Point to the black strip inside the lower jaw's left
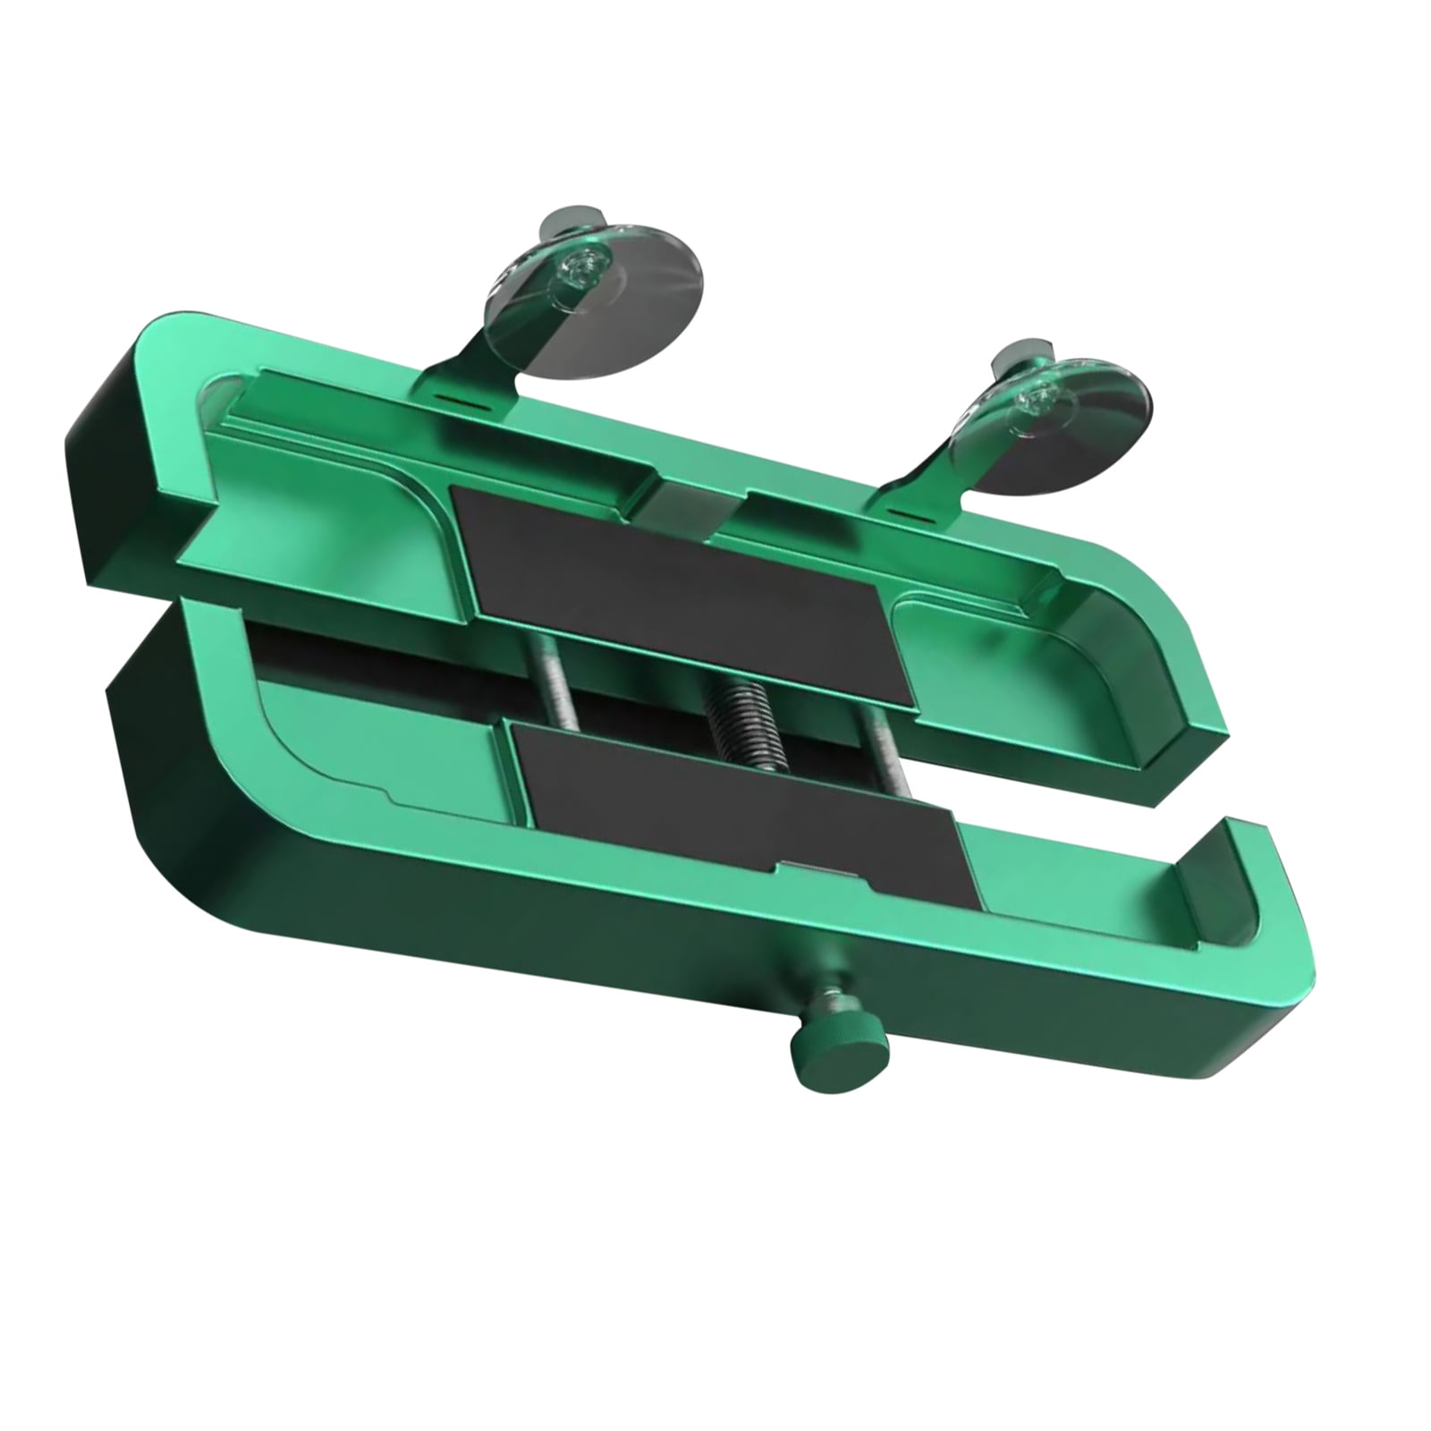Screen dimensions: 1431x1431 [x=358, y=657]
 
